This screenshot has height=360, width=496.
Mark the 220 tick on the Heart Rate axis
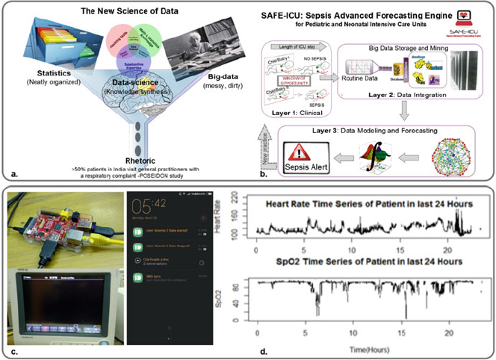click(244, 196)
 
